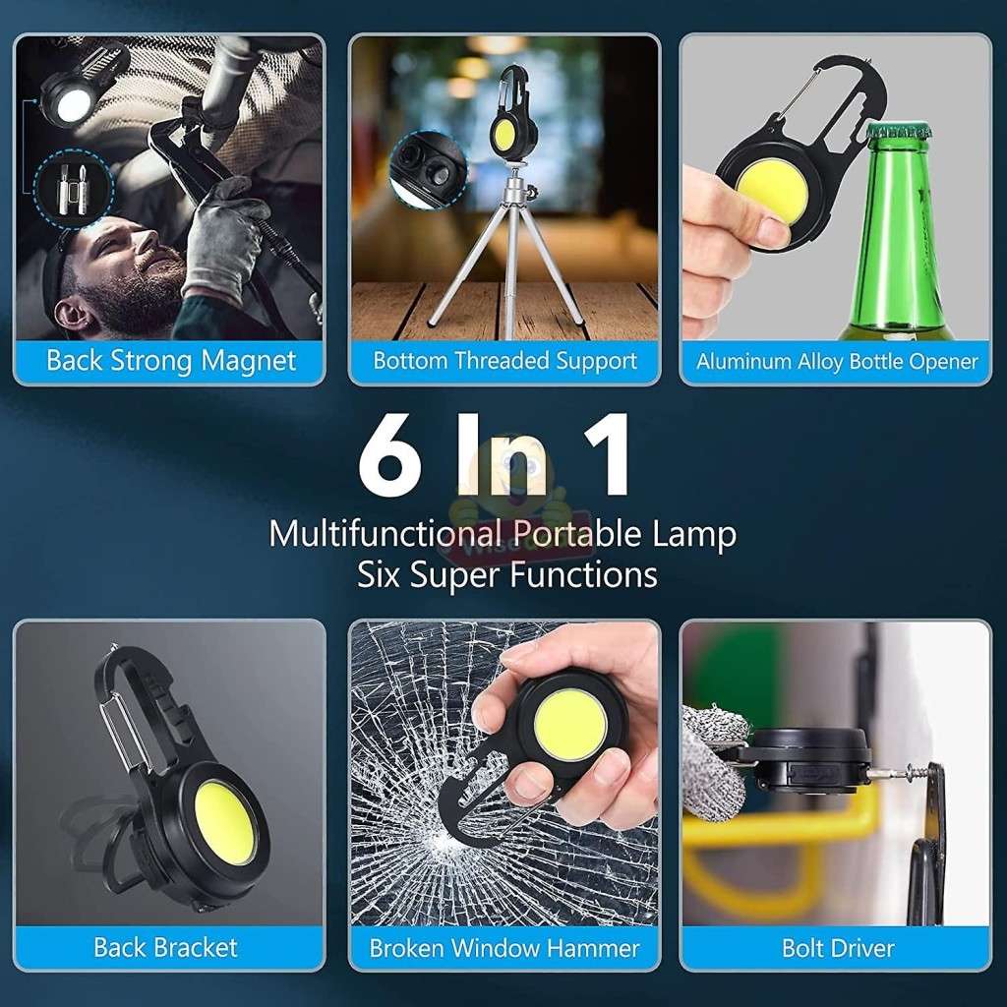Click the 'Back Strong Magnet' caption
[x=170, y=361]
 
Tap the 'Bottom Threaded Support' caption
[x=504, y=361]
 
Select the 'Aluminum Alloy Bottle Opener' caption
[x=837, y=362]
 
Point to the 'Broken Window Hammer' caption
[x=504, y=949]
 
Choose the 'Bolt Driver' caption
[x=838, y=949]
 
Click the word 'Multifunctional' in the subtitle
[x=373, y=535]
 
